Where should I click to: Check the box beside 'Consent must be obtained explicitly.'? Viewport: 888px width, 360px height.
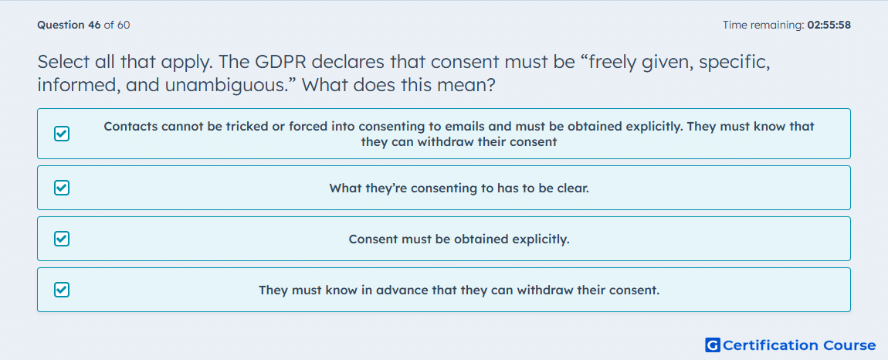pyautogui.click(x=62, y=239)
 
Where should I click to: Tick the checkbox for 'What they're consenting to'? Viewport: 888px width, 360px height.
pyautogui.click(x=62, y=188)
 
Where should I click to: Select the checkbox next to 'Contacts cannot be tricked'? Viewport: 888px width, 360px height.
pyautogui.click(x=62, y=134)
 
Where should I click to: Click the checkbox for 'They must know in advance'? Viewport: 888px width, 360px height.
pyautogui.click(x=62, y=290)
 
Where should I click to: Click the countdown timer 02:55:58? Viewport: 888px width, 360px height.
pyautogui.click(x=829, y=25)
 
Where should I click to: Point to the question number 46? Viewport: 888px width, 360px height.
pyautogui.click(x=94, y=25)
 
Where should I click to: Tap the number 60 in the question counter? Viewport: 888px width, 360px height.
pyautogui.click(x=124, y=25)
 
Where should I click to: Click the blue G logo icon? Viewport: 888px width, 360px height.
pyautogui.click(x=713, y=345)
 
